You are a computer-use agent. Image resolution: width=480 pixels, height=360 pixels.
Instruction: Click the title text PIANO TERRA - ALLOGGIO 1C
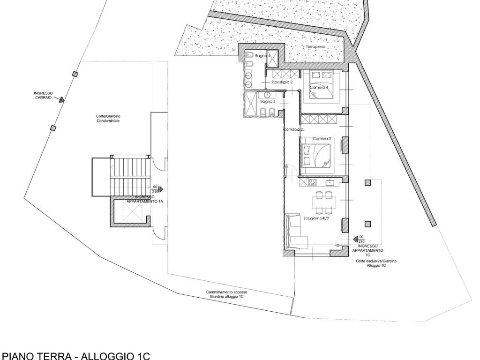tap(76, 355)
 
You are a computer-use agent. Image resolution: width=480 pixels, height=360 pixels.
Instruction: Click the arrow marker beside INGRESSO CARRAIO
tap(60, 99)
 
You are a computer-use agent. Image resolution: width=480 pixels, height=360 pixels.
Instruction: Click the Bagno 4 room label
tap(263, 56)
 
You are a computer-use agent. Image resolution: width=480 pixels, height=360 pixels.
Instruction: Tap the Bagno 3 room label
tap(267, 101)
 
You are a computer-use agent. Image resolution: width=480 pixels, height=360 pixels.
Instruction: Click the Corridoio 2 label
tap(294, 129)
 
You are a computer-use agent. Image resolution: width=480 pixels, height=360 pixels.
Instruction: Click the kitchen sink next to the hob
tap(329, 182)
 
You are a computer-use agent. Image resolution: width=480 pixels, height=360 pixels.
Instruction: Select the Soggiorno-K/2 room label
tap(315, 218)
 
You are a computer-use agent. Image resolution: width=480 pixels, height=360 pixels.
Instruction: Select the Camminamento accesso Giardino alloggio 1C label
tap(226, 294)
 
